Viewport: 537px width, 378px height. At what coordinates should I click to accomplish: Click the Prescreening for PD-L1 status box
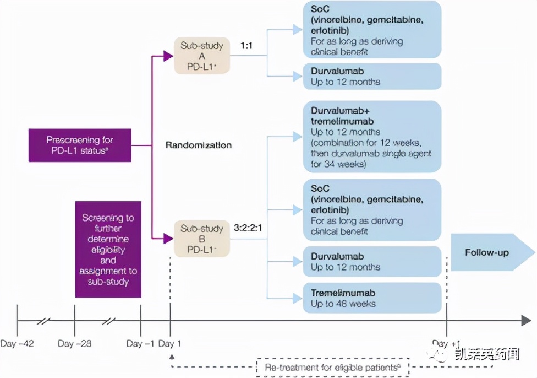80,145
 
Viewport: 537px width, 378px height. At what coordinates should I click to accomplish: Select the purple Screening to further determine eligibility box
108,249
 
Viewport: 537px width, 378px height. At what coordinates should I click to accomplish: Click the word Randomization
198,145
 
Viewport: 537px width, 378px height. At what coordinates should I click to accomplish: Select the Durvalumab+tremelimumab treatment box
372,137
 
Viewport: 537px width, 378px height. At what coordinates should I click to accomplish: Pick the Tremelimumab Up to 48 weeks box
372,298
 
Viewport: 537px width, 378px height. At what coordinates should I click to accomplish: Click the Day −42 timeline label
17,344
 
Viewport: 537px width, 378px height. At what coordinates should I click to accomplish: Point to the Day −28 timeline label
74,344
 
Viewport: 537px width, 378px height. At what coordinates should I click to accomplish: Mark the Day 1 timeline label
170,344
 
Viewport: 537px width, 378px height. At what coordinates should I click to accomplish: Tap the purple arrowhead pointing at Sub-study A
168,55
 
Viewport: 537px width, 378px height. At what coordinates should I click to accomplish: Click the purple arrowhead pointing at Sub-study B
168,238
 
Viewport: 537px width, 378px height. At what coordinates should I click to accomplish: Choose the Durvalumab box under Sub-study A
372,76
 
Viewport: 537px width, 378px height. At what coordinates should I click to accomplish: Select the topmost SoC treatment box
372,30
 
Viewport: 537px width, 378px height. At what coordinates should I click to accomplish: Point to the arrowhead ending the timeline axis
525,320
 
